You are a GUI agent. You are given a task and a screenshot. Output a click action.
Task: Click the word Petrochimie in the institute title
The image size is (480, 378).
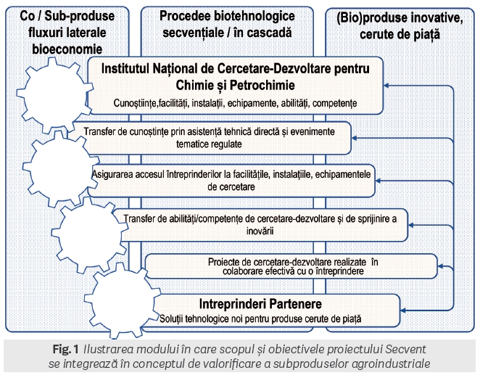pyautogui.click(x=262, y=85)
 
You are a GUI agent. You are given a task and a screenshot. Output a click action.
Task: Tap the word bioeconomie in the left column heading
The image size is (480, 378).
pyautogui.click(x=67, y=49)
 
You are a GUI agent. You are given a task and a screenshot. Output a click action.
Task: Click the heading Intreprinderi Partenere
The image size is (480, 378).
pyautogui.click(x=260, y=304)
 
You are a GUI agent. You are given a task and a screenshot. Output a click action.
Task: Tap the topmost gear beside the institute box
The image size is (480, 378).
pyautogui.click(x=54, y=94)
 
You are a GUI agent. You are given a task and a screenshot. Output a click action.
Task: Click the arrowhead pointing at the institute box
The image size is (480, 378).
pyautogui.click(x=386, y=86)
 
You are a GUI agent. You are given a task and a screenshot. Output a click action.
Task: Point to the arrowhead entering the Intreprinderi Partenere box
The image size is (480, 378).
pyautogui.click(x=403, y=311)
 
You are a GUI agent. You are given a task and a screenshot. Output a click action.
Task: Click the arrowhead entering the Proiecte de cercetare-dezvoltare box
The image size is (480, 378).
pyautogui.click(x=441, y=266)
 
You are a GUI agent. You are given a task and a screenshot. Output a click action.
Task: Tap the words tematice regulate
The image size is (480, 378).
pyautogui.click(x=209, y=144)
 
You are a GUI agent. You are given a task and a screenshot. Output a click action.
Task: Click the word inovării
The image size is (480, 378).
pyautogui.click(x=260, y=231)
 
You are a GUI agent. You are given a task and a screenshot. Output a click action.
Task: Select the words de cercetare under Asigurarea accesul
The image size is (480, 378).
pyautogui.click(x=231, y=186)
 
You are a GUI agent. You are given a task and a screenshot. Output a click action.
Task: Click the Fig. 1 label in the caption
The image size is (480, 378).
pyautogui.click(x=66, y=349)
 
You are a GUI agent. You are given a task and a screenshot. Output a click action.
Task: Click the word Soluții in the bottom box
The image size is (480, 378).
pyautogui.click(x=171, y=319)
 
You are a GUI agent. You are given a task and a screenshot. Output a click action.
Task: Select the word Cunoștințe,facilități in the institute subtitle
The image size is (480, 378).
pyautogui.click(x=151, y=103)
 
